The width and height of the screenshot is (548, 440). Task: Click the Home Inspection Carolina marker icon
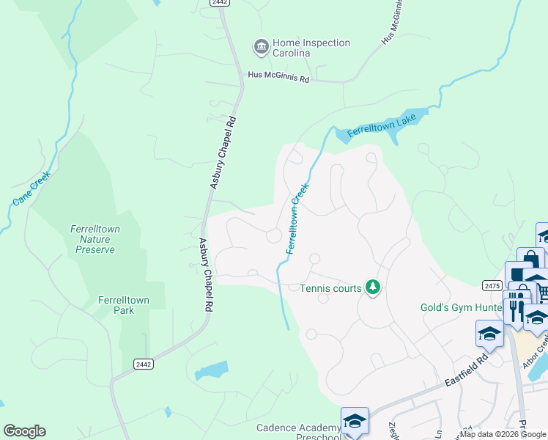click(260, 48)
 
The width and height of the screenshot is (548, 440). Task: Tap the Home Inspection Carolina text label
click(311, 48)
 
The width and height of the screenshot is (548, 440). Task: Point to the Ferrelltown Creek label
click(296, 219)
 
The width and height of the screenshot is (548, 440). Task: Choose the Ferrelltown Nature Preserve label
click(95, 239)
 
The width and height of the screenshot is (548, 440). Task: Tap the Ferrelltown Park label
click(116, 305)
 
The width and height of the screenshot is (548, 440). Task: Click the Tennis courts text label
click(330, 288)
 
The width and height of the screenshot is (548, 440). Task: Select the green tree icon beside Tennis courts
click(373, 287)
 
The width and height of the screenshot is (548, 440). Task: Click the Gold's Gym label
click(460, 307)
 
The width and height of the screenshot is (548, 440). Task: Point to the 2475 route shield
click(492, 285)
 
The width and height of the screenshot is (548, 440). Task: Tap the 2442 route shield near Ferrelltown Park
click(143, 364)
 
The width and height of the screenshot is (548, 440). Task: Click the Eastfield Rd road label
click(467, 372)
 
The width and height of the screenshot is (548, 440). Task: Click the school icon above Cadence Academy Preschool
click(355, 421)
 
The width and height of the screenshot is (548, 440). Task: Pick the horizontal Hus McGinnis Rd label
click(278, 76)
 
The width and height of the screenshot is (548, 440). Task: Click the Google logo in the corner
click(24, 431)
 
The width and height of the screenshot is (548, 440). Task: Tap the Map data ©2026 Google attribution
click(503, 434)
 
